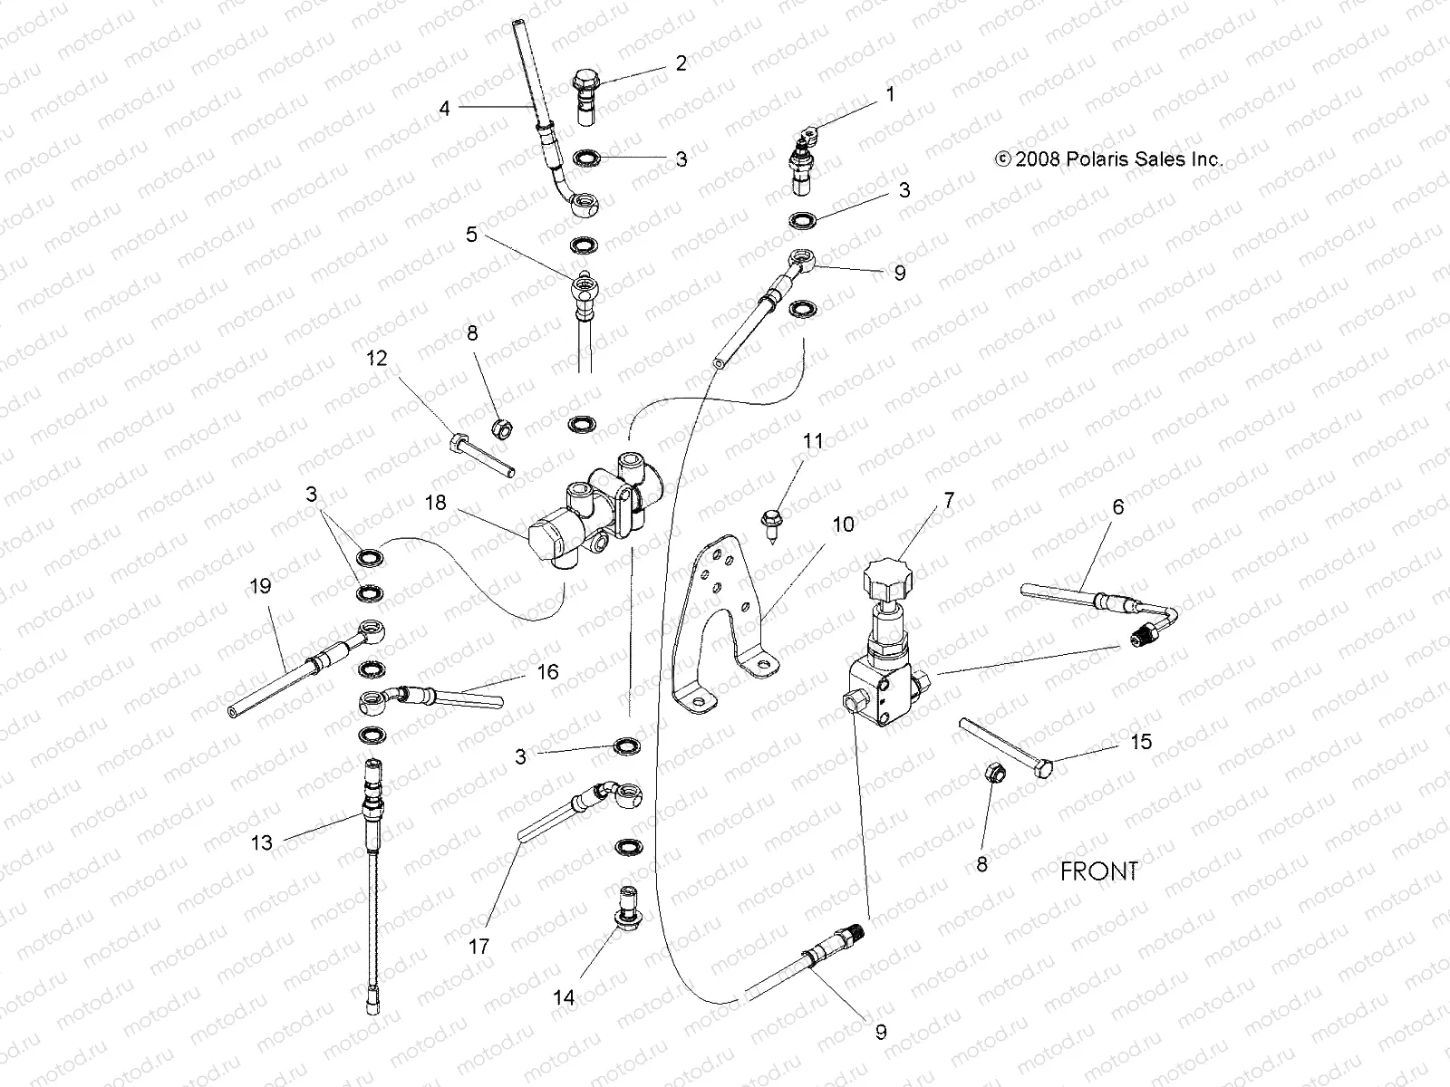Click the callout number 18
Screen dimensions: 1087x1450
pyautogui.click(x=436, y=502)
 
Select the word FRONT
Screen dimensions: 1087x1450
pyautogui.click(x=1098, y=871)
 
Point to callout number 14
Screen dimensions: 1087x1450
pyautogui.click(x=564, y=997)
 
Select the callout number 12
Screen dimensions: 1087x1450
pyautogui.click(x=377, y=359)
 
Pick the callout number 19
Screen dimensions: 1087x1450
pyautogui.click(x=259, y=586)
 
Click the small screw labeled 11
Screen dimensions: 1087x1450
pyautogui.click(x=768, y=524)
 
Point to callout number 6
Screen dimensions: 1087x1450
pyautogui.click(x=1117, y=507)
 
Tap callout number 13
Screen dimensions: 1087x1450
pyautogui.click(x=261, y=842)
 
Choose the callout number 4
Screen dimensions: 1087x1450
pyautogui.click(x=444, y=109)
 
